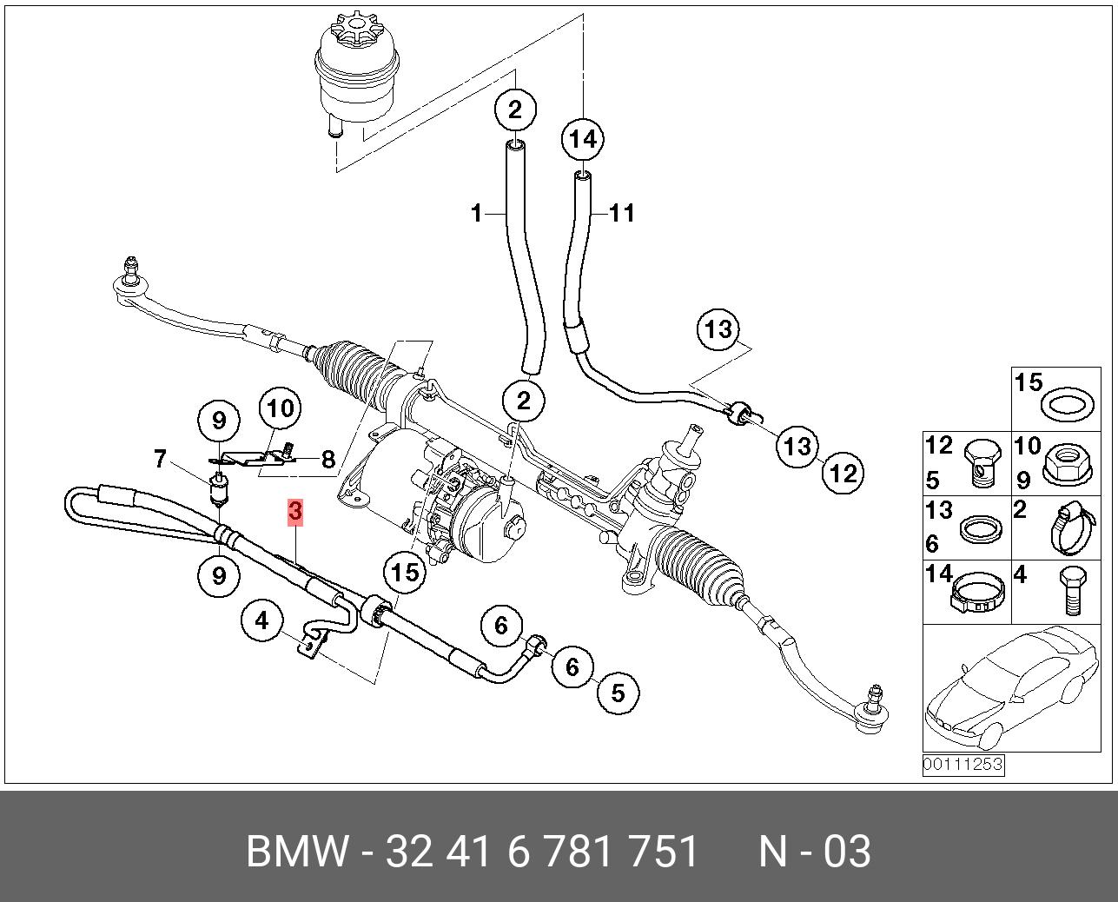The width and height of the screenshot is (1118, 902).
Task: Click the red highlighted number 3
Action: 295,512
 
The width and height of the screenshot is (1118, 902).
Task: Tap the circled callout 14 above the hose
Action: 583,139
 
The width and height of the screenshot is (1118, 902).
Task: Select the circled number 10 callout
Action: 280,408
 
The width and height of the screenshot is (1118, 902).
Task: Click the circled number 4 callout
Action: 262,620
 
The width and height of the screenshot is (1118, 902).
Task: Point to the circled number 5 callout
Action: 618,693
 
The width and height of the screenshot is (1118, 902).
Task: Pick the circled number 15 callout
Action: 405,572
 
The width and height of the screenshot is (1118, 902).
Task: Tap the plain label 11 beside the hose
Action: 622,213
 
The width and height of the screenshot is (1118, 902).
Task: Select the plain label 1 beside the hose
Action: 476,213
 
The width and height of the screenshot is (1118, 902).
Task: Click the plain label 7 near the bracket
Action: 160,458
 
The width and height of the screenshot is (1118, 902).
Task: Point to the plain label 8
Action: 327,460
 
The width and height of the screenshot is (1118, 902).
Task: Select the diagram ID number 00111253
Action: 963,765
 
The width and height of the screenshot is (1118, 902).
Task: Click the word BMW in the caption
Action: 298,852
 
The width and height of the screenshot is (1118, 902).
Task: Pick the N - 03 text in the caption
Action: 814,852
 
